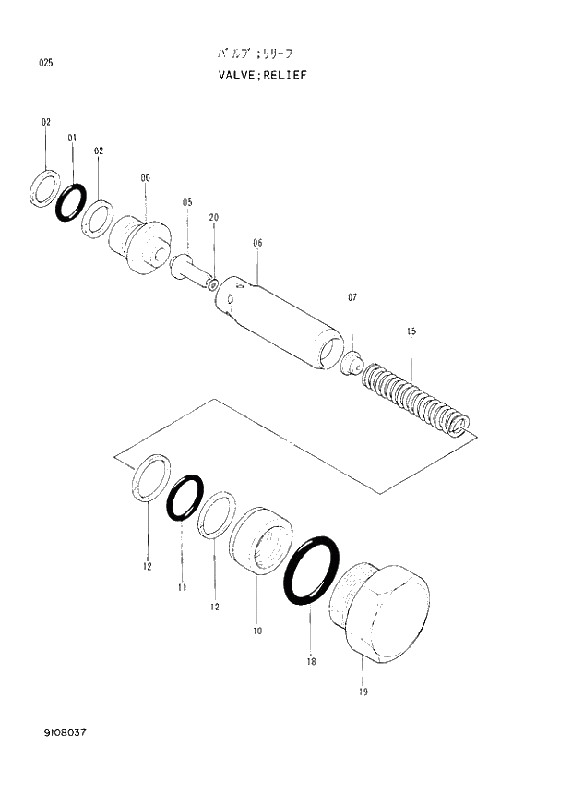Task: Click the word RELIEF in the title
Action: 284,75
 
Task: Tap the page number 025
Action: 45,63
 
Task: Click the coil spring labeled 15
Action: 415,398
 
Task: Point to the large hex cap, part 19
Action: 384,613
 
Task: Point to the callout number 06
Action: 257,243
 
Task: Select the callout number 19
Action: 363,692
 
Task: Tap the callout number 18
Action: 311,661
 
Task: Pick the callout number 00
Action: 145,177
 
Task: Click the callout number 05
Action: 187,202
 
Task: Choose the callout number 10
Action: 256,631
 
